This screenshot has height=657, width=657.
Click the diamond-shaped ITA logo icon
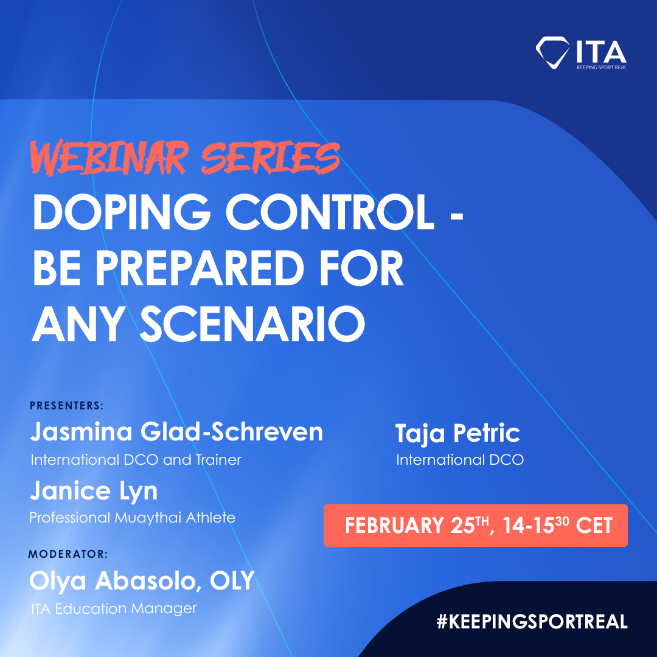pyautogui.click(x=552, y=52)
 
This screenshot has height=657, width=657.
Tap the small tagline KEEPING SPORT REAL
pyautogui.click(x=601, y=67)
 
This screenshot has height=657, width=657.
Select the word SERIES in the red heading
pyautogui.click(x=270, y=158)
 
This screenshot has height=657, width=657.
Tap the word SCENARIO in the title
pyautogui.click(x=252, y=324)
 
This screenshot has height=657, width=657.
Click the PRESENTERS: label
pyautogui.click(x=67, y=406)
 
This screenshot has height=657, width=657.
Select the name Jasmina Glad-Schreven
pyautogui.click(x=176, y=432)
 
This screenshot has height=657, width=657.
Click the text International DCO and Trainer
pyautogui.click(x=136, y=460)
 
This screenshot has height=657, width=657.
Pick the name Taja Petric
pyautogui.click(x=457, y=433)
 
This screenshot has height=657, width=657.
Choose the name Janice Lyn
pyautogui.click(x=94, y=491)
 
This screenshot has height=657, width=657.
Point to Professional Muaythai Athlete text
pyautogui.click(x=133, y=518)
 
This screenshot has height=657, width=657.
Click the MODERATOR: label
pyautogui.click(x=68, y=554)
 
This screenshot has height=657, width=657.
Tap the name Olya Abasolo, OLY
pyautogui.click(x=142, y=581)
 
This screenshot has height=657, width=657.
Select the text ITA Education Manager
pyautogui.click(x=114, y=608)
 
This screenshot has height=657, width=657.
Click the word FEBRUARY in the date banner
pyautogui.click(x=394, y=526)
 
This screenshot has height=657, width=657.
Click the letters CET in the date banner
pyautogui.click(x=594, y=526)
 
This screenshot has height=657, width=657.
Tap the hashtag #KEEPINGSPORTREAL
pyautogui.click(x=532, y=621)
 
